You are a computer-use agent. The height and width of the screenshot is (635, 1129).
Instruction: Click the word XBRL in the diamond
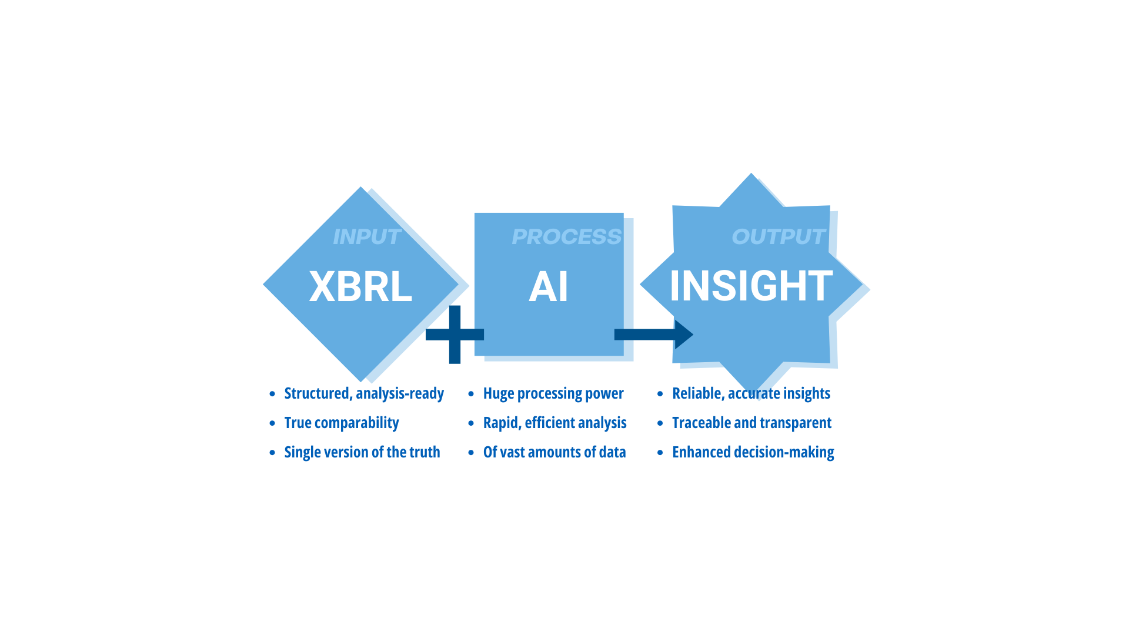(x=360, y=286)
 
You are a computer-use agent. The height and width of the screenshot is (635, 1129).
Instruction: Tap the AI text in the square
(x=549, y=286)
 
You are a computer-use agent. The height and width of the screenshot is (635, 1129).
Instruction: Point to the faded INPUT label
(x=367, y=236)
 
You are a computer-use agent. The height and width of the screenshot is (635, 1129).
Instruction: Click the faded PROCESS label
(x=566, y=236)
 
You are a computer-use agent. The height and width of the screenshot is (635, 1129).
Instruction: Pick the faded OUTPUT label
(x=779, y=236)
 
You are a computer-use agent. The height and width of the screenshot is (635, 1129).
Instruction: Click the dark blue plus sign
(x=455, y=335)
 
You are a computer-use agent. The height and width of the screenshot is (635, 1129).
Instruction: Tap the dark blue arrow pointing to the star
(x=654, y=335)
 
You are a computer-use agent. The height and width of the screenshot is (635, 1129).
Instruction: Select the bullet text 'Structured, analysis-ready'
(x=364, y=393)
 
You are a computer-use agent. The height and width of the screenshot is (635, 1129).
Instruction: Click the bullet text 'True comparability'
(x=342, y=423)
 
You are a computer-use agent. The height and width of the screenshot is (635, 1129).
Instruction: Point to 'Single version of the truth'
(x=362, y=452)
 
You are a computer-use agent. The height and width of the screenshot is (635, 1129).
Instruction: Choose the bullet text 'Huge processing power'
(x=553, y=393)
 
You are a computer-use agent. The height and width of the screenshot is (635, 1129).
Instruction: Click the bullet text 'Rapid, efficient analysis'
(x=555, y=423)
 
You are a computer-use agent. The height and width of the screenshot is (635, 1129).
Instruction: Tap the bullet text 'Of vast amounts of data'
(x=555, y=452)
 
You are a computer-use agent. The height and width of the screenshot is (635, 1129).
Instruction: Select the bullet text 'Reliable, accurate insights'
(x=751, y=393)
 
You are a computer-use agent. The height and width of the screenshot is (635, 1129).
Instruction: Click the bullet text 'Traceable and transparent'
(x=751, y=423)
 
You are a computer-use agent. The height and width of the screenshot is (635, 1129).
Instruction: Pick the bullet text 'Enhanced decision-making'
(x=753, y=452)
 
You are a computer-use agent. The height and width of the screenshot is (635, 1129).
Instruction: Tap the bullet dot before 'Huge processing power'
(x=471, y=394)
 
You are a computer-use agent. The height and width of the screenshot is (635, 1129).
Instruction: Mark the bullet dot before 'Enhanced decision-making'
(x=660, y=453)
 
